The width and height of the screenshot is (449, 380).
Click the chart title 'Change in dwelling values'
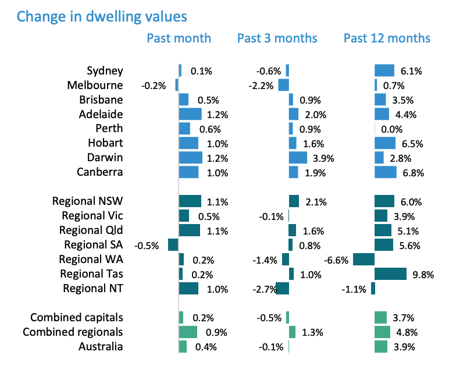click(102, 16)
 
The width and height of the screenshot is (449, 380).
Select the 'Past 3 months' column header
click(277, 38)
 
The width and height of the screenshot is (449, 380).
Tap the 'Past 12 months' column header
click(387, 38)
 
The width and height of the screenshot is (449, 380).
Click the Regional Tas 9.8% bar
click(390, 274)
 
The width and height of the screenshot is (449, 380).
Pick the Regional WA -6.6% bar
click(364, 260)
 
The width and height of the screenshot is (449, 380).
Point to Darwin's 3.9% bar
click(298, 158)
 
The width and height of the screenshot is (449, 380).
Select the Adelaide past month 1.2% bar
click(190, 114)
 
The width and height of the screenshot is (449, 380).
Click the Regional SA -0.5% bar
click(173, 245)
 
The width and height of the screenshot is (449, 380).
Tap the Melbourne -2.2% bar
click(283, 85)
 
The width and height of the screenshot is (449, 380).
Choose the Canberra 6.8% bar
click(386, 172)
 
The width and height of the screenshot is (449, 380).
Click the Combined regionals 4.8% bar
click(382, 332)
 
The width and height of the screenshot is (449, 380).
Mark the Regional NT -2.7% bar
click(282, 289)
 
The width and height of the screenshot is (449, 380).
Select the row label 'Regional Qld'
click(91, 230)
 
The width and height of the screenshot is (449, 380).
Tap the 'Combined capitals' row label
click(76, 318)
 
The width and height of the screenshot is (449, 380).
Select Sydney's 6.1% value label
click(411, 71)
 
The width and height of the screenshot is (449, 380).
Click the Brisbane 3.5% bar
click(380, 100)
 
